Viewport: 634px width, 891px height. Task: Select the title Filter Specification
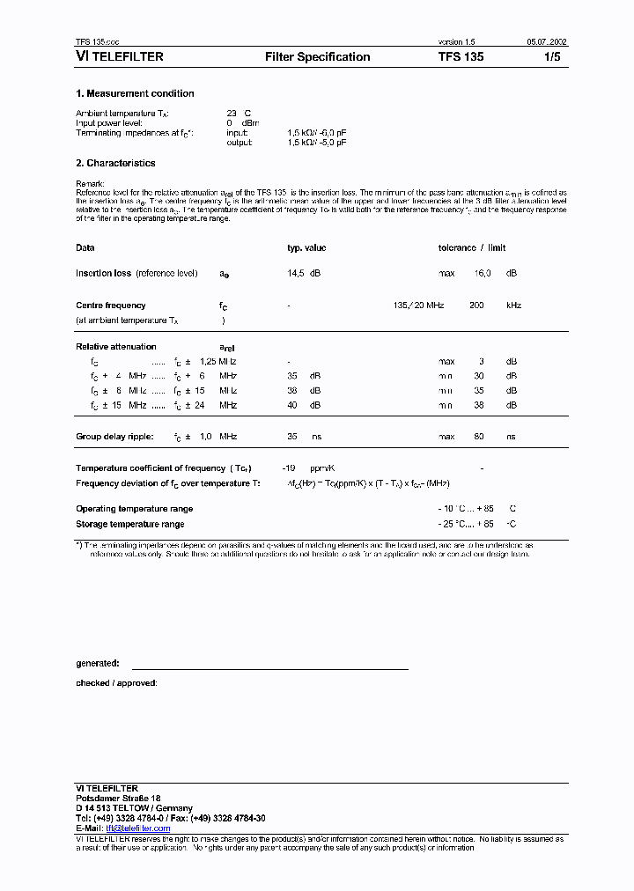[317, 57]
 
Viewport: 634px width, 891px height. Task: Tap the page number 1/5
[551, 57]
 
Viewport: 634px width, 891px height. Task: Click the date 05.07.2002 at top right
[547, 42]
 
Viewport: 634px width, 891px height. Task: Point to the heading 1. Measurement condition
[135, 93]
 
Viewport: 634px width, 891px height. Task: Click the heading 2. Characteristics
[115, 163]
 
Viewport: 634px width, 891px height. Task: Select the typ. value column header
[306, 248]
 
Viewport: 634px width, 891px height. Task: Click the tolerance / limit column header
[472, 248]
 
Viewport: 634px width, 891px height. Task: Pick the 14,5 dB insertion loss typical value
[304, 274]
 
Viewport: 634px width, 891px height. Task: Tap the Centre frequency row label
[111, 306]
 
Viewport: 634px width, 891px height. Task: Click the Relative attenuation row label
[116, 347]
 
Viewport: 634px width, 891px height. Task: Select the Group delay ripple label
[114, 437]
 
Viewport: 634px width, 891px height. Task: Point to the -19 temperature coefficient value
[288, 468]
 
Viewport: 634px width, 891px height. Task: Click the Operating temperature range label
[135, 509]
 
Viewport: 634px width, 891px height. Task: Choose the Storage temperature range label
[130, 524]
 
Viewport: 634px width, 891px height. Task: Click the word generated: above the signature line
[97, 664]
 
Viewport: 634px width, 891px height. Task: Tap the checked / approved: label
[116, 682]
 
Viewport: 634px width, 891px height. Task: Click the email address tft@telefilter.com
[138, 828]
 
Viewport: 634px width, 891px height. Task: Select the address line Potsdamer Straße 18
[118, 798]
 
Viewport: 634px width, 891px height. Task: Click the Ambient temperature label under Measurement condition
[122, 114]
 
